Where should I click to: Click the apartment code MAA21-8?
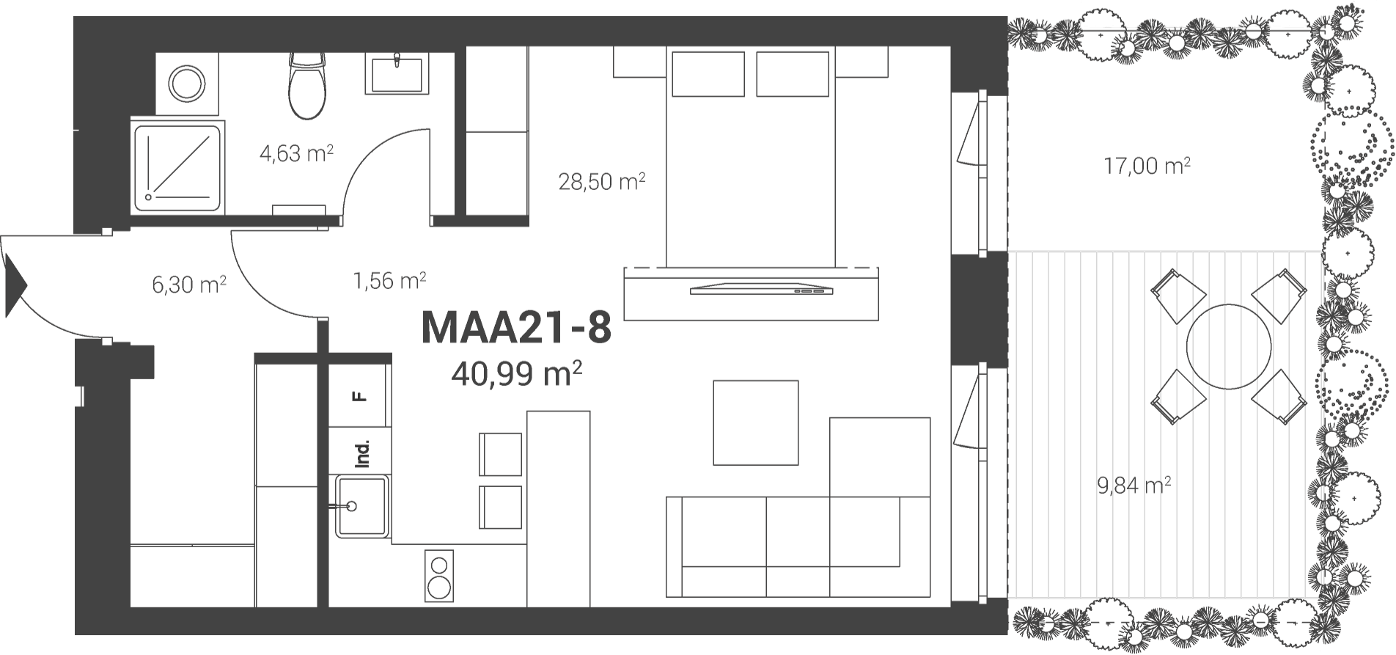(516, 328)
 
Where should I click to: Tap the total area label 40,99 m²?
(517, 374)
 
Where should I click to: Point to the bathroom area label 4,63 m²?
(297, 153)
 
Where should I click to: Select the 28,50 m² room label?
(602, 181)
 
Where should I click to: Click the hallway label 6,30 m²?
(188, 283)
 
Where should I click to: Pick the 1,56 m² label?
(390, 280)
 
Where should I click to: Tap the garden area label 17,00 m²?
(1147, 166)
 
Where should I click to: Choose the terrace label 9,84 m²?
(1134, 485)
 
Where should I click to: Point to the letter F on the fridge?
(359, 397)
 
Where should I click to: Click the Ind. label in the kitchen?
(362, 454)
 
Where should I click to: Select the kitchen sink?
(361, 506)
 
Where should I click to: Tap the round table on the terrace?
(1229, 347)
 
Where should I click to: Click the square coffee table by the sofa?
(756, 422)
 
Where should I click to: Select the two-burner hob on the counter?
(439, 577)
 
